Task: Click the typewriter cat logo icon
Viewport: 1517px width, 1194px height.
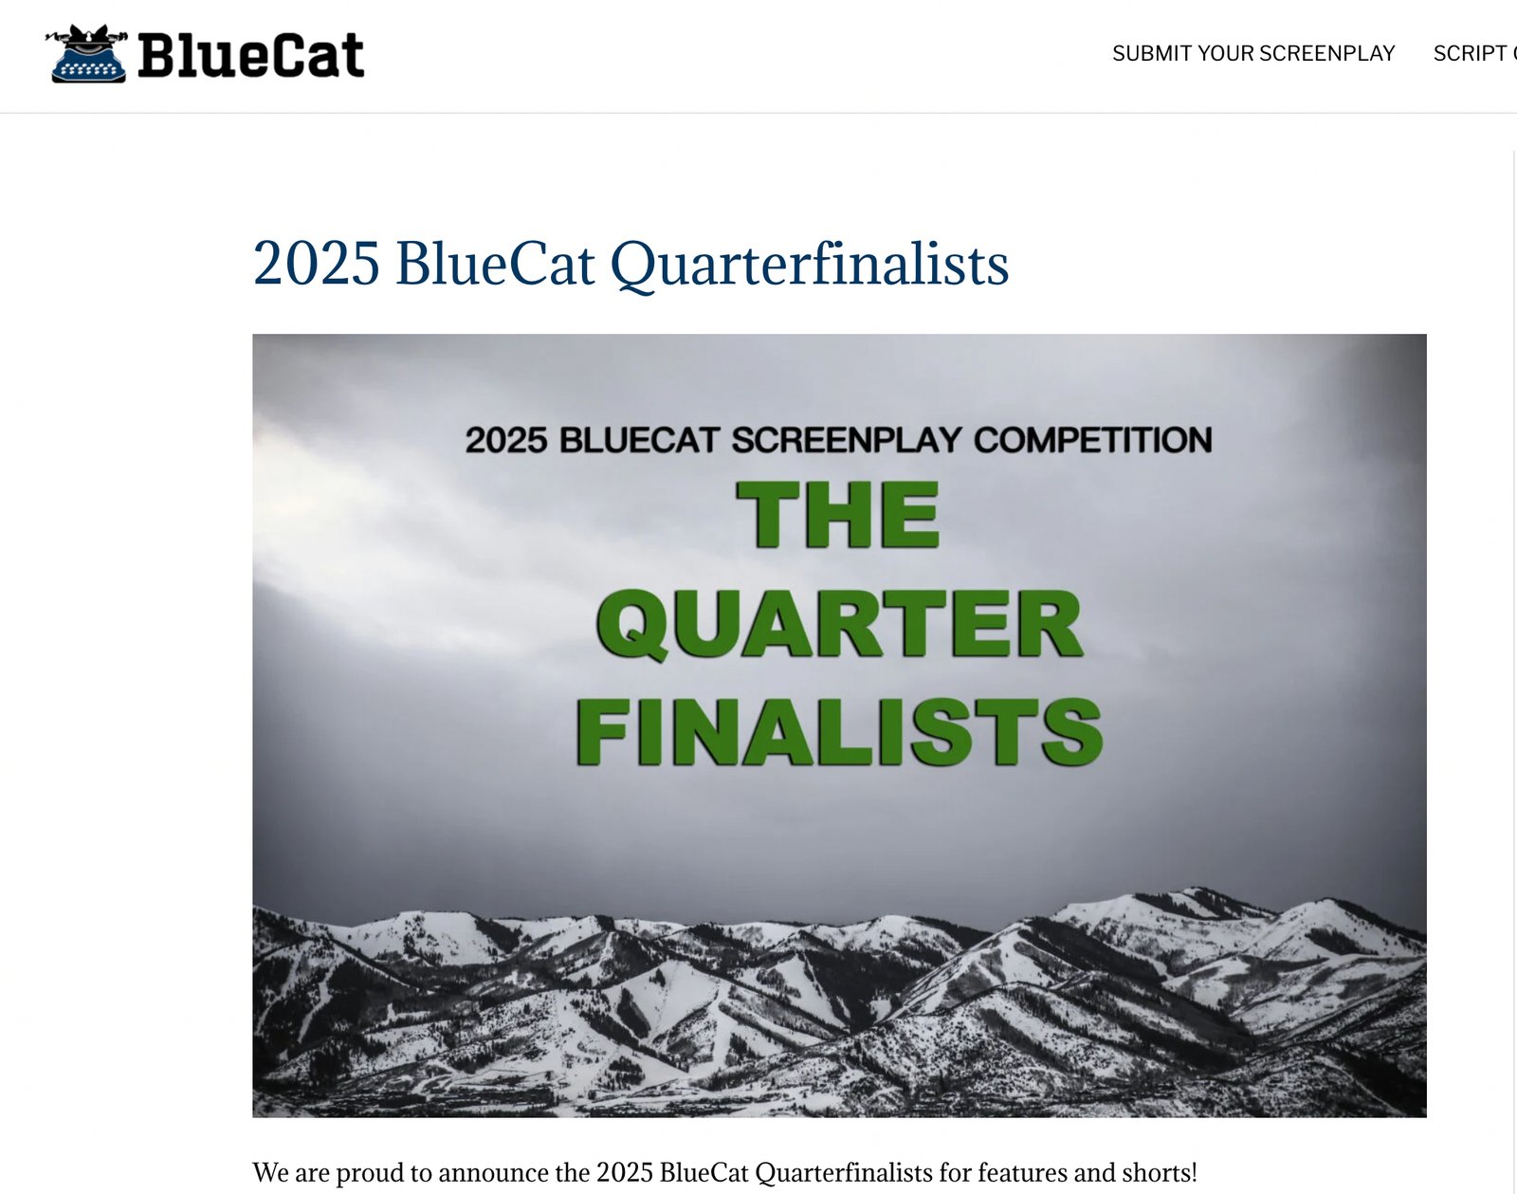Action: coord(86,54)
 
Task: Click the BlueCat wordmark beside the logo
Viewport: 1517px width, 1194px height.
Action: coord(251,55)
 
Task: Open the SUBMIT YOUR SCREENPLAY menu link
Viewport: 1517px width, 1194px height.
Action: coord(1253,54)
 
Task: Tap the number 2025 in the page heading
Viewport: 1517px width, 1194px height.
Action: coord(317,264)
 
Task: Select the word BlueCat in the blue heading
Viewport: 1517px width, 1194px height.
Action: coord(495,263)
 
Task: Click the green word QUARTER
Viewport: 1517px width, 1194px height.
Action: coord(839,625)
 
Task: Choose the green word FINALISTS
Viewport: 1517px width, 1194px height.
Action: coord(839,731)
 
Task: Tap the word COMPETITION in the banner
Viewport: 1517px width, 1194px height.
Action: coord(1092,440)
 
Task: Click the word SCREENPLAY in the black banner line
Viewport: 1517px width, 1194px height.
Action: coord(846,440)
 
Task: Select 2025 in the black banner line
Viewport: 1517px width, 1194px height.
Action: coord(506,440)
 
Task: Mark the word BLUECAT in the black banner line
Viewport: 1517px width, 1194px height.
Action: coord(639,440)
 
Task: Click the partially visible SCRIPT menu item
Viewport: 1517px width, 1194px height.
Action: coord(1474,54)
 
